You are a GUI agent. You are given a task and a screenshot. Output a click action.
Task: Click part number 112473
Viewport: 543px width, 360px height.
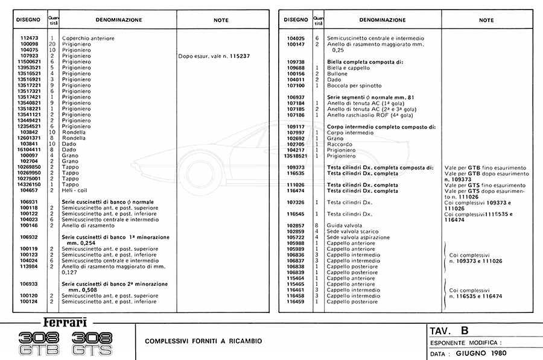point(29,39)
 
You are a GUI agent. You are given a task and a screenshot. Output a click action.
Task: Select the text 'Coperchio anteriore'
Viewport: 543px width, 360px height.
point(88,39)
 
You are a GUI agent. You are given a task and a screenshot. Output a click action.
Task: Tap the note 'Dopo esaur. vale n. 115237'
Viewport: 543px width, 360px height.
point(214,56)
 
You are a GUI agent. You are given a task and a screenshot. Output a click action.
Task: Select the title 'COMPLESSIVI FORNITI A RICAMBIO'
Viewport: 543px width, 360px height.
point(203,341)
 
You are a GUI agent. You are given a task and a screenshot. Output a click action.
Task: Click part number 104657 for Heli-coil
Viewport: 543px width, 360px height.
point(29,189)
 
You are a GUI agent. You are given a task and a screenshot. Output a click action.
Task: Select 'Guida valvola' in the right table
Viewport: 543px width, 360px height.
point(344,225)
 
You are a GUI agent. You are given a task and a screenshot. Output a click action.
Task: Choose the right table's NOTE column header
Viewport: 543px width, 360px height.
point(486,20)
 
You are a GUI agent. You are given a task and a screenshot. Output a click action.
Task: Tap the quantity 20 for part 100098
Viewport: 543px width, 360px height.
point(52,45)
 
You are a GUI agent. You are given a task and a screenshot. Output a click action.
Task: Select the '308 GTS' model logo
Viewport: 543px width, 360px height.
point(92,343)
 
